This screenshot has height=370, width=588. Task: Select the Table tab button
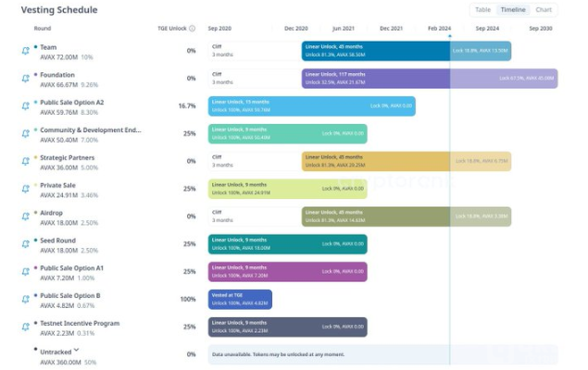[x=483, y=10]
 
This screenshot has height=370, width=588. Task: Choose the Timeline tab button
[x=512, y=10]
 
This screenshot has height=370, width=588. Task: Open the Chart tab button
[x=544, y=10]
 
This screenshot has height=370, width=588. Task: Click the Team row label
[x=49, y=46]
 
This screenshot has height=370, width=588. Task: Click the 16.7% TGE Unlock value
[x=186, y=106]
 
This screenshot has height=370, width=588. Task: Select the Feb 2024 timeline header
[x=440, y=29]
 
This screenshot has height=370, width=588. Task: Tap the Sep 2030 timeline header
[x=540, y=29]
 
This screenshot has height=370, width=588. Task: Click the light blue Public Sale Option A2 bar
[x=311, y=106]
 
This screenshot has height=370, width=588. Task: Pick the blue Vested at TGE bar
[x=240, y=300]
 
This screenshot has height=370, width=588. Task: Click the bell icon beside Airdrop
[x=26, y=216]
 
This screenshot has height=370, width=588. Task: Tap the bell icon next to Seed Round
[x=26, y=244]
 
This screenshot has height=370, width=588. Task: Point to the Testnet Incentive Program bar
[x=287, y=327]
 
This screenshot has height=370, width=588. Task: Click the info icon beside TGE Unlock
[x=192, y=29]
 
